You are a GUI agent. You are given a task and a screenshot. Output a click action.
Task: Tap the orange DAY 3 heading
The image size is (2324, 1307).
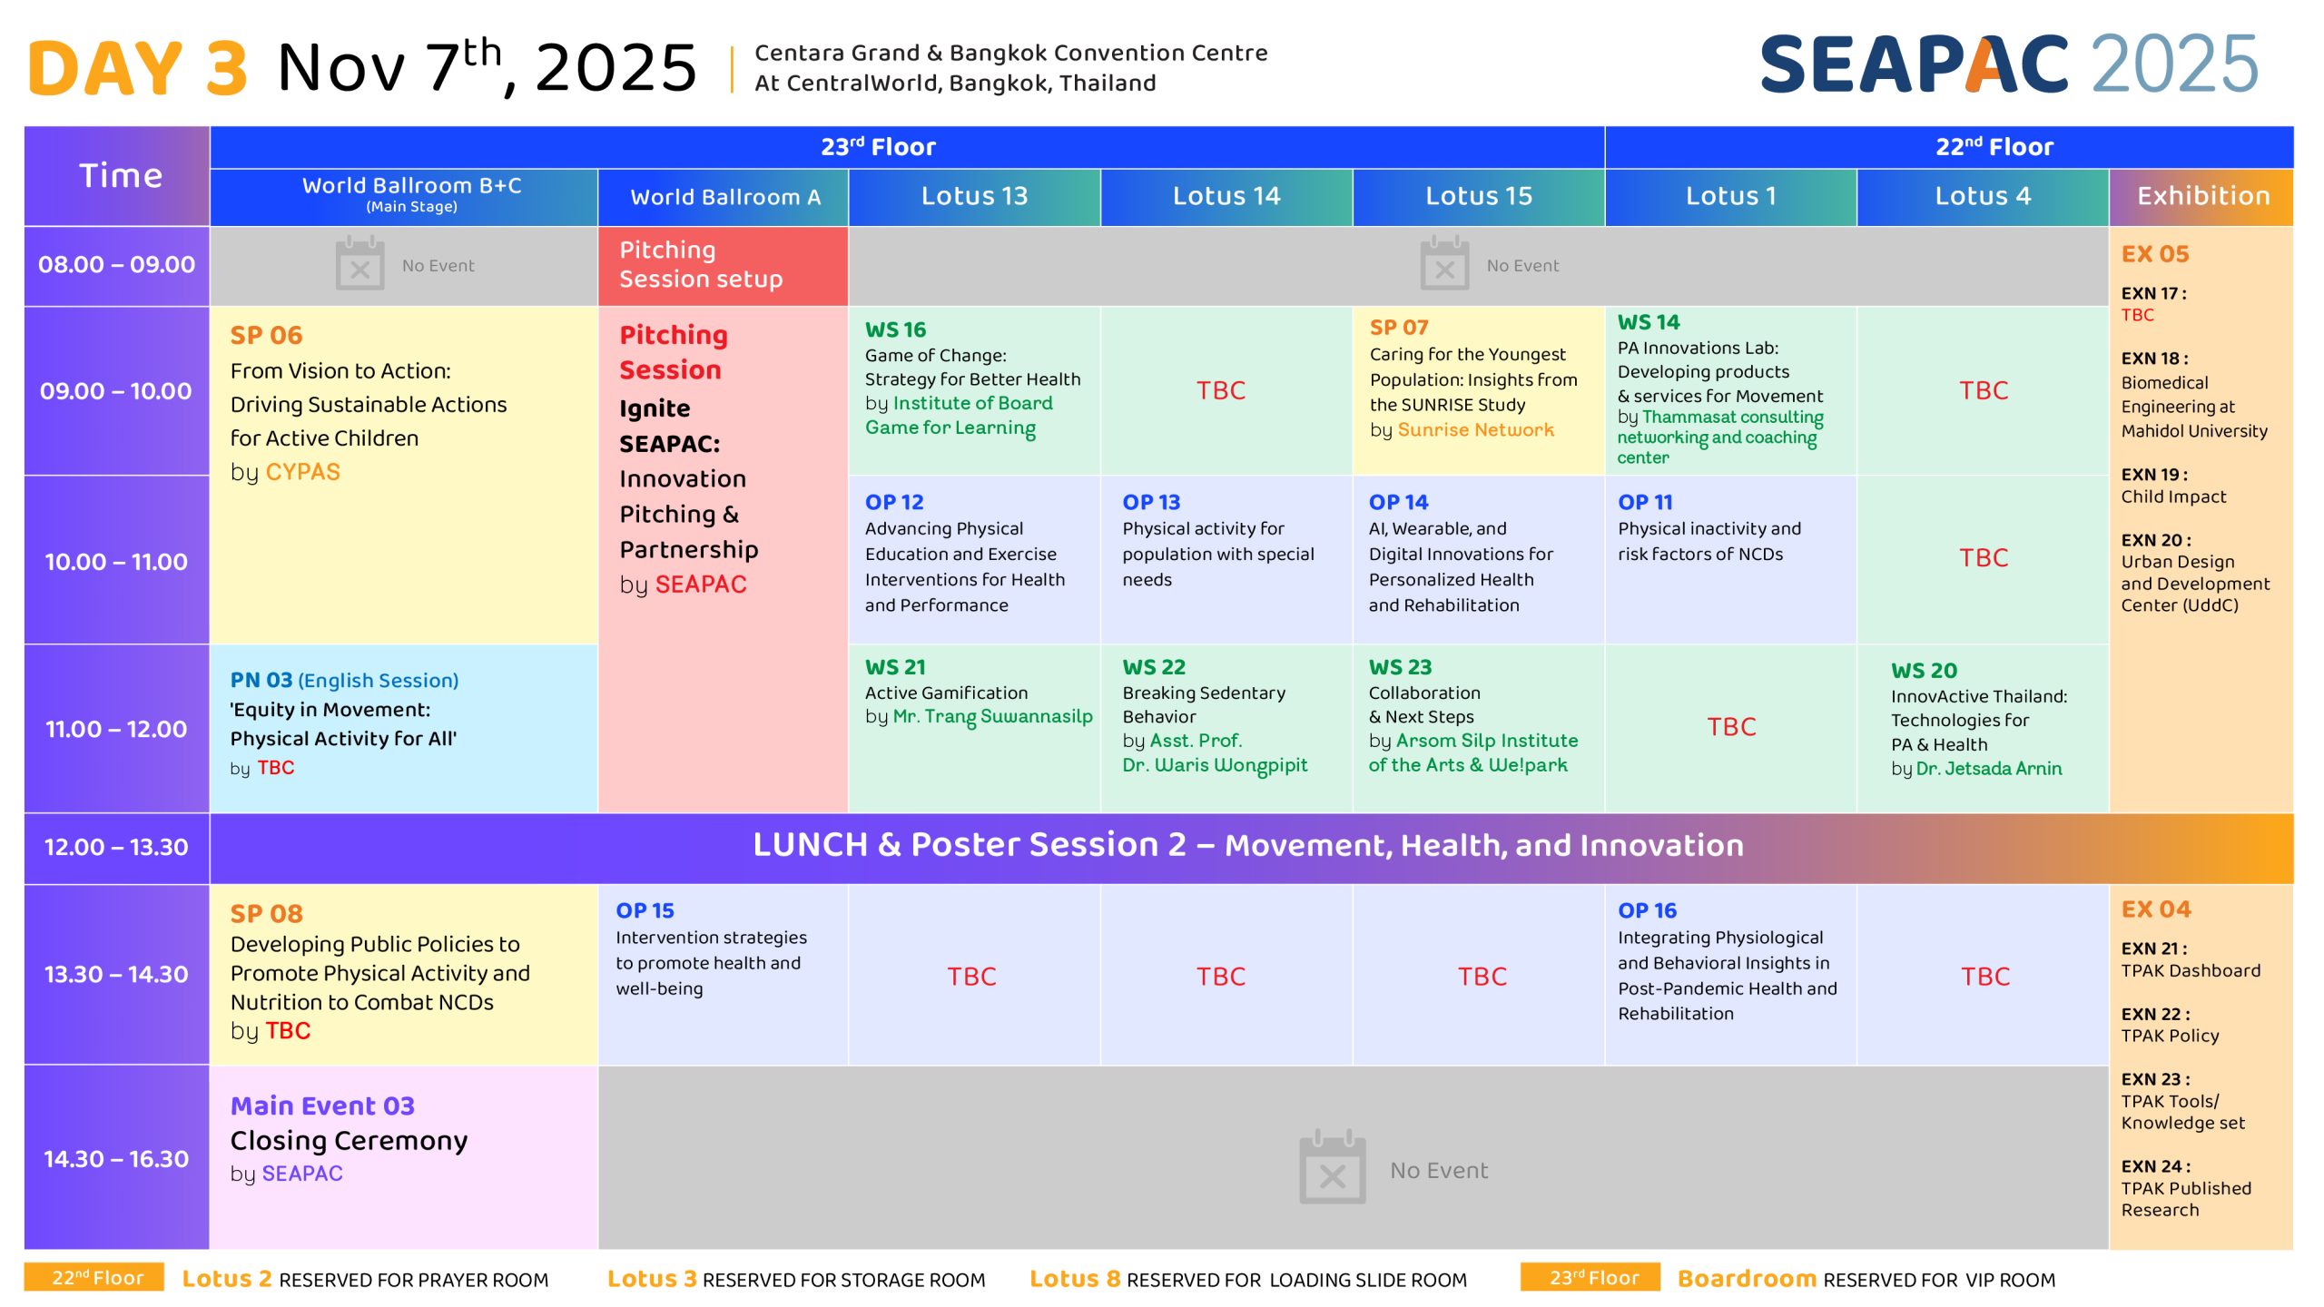tap(138, 68)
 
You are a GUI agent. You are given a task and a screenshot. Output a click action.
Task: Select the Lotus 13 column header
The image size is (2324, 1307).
tap(974, 196)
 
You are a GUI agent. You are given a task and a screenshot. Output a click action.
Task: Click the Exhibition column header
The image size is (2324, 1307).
tap(2202, 196)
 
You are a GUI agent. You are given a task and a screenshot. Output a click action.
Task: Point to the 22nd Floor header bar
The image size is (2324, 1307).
tap(1949, 147)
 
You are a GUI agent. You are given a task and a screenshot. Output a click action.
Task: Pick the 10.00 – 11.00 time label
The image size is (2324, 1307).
tap(116, 562)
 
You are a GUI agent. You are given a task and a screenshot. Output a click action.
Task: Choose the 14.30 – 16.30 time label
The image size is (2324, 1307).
tap(116, 1159)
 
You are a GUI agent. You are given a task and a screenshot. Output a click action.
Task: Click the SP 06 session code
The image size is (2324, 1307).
tap(266, 335)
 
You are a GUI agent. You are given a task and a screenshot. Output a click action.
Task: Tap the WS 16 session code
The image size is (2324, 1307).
tap(895, 329)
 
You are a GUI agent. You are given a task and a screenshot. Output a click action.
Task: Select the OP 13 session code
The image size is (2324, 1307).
tap(1151, 502)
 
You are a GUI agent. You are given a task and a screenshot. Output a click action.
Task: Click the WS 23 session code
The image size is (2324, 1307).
tap(1400, 667)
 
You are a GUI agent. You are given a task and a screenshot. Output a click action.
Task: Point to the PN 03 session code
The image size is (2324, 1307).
tap(261, 680)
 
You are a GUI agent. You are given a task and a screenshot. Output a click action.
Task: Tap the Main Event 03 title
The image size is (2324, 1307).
tap(322, 1106)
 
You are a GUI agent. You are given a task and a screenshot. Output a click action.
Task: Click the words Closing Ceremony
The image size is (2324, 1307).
tap(349, 1141)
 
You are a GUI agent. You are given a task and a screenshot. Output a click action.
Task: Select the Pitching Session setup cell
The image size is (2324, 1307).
tap(723, 265)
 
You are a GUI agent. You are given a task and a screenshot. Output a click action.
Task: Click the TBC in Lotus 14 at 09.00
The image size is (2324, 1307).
tap(1221, 390)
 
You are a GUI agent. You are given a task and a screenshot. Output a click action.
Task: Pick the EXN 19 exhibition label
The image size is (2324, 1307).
tap(2153, 475)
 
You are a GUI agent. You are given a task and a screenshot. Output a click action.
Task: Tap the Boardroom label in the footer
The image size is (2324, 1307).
tap(1747, 1279)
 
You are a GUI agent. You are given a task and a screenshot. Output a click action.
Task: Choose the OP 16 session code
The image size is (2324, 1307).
tap(1647, 910)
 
